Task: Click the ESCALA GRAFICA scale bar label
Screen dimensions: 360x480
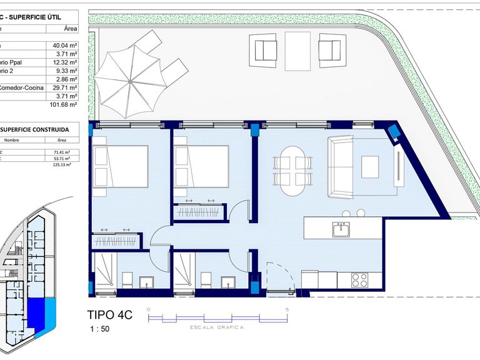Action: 217,327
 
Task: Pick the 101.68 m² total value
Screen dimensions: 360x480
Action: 62,104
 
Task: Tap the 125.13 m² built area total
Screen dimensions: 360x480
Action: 61,165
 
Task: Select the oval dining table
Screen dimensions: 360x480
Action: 293,169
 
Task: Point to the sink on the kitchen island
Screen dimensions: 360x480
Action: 341,230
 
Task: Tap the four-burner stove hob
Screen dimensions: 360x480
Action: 361,279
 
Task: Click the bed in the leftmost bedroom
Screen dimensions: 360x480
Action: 121,166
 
